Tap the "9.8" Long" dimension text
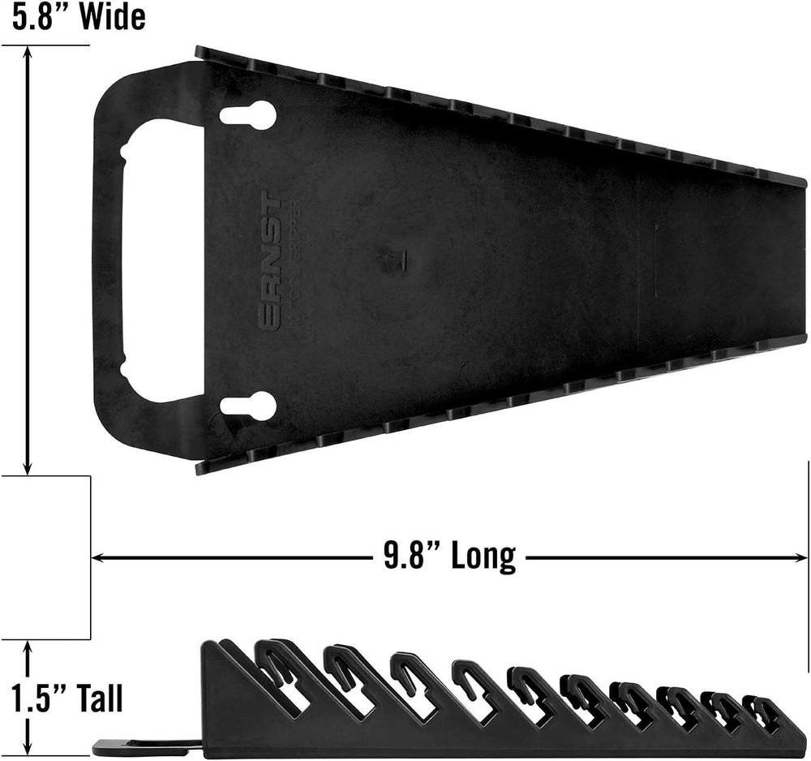pyautogui.click(x=449, y=557)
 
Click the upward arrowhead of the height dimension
pyautogui.click(x=28, y=647)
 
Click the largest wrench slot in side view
pyautogui.click(x=280, y=673)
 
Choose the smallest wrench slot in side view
pyautogui.click(x=762, y=712)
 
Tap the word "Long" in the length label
pyautogui.click(x=483, y=557)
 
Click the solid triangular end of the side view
pyautogui.click(x=223, y=706)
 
